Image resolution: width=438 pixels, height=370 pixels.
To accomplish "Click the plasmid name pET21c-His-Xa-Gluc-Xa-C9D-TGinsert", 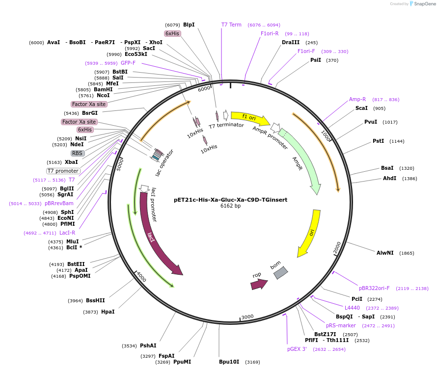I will pos(230,200).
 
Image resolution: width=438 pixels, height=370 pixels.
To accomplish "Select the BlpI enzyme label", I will pos(189,25).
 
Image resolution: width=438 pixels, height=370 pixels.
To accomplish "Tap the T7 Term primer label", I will pos(231,25).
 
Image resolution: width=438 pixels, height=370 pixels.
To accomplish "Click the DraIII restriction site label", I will pos(291,42).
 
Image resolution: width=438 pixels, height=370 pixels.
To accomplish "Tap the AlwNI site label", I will pos(385,253).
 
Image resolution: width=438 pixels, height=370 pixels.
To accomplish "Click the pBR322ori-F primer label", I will pos(374,288).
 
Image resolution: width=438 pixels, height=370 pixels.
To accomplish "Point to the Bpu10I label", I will pos(229,362).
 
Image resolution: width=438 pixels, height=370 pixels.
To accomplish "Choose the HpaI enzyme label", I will pos(108,312).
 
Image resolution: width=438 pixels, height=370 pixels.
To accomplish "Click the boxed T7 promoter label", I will pos(63,171).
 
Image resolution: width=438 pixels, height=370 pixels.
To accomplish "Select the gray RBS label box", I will pos(78,153).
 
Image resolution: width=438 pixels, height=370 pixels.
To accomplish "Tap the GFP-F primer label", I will pos(128,63).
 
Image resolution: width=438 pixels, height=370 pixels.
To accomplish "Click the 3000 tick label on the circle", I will pos(247,317).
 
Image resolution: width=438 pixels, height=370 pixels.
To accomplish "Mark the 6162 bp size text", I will pos(230,206).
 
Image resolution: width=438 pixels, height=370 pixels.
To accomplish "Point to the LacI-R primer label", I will pos(67,233).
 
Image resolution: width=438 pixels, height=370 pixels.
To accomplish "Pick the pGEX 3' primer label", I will pos(297,349).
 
